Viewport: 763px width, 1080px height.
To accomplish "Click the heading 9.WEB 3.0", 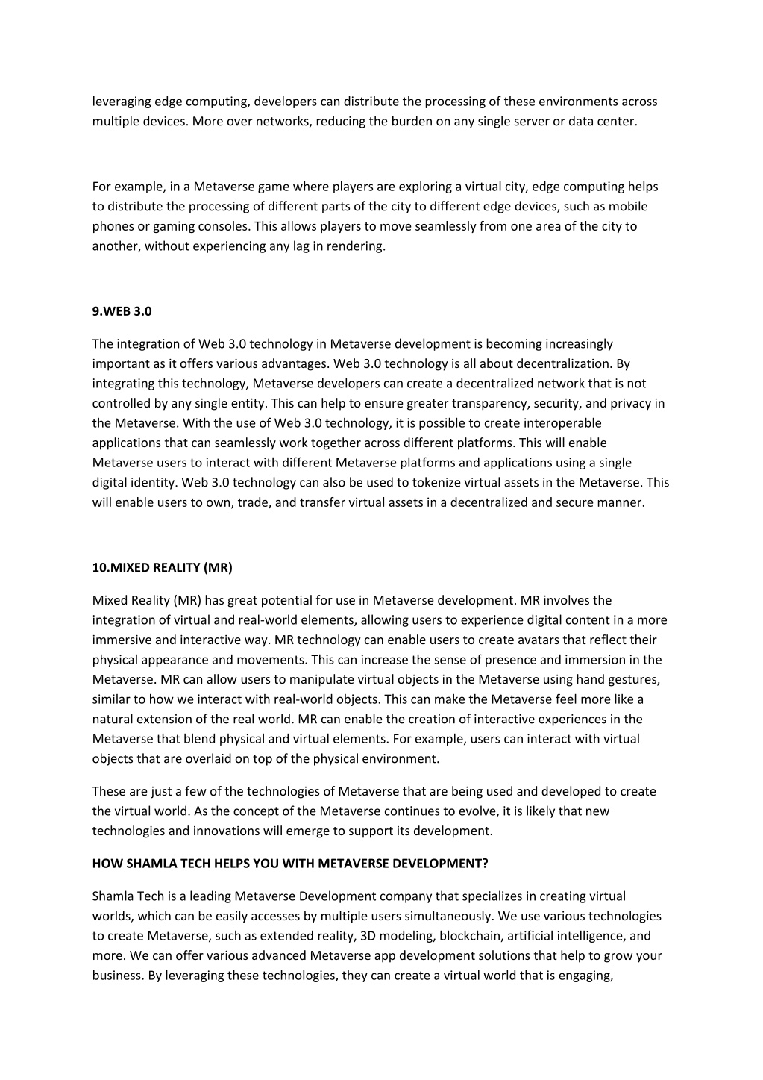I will (122, 311).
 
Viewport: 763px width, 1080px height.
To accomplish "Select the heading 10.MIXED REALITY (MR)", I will (162, 567).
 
